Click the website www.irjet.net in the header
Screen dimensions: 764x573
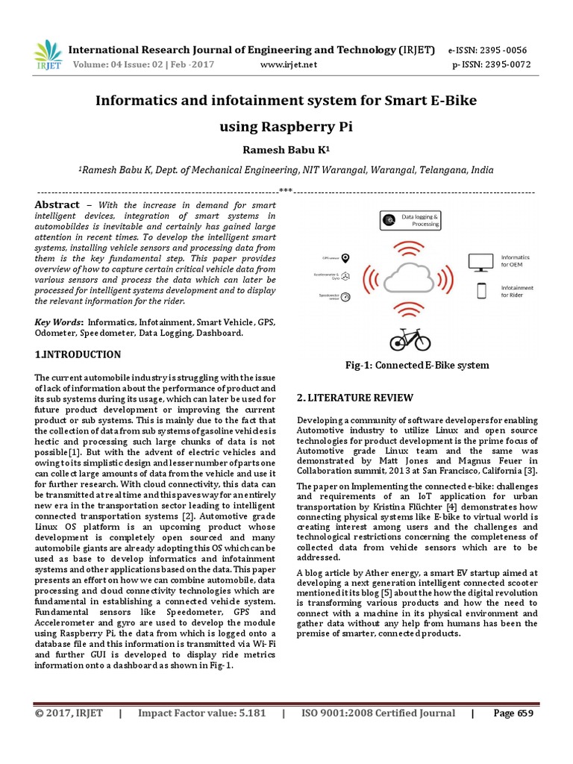pos(288,64)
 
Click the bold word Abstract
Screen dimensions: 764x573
pos(57,204)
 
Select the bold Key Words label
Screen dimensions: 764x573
pos(59,322)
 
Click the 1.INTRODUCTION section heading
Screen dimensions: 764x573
pos(78,354)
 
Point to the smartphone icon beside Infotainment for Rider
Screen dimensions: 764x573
pos(481,290)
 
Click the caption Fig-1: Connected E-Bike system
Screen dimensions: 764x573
pos(416,365)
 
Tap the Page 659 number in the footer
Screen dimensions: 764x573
pos(513,713)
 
